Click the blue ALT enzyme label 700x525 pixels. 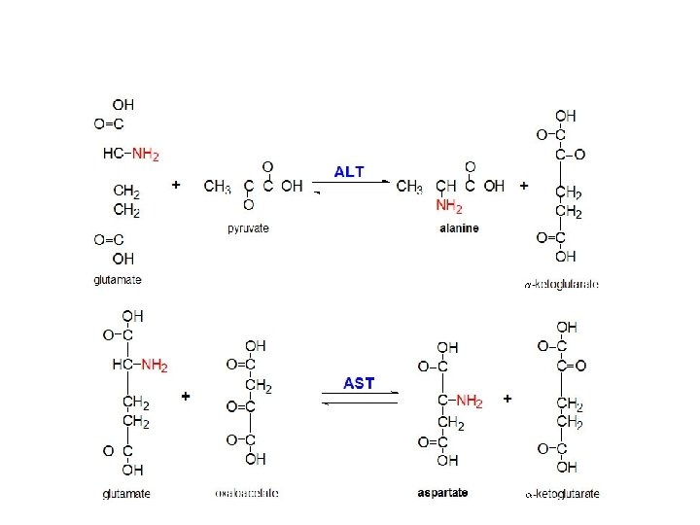[x=349, y=172]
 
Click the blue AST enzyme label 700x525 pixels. [x=359, y=383]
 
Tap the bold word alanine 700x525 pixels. [x=458, y=228]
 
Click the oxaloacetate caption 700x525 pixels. [x=247, y=493]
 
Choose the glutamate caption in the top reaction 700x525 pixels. [x=118, y=280]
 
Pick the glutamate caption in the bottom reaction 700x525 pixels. [x=126, y=493]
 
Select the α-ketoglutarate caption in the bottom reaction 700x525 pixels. [x=561, y=493]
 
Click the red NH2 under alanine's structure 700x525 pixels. [x=448, y=207]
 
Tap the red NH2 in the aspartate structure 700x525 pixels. [x=468, y=401]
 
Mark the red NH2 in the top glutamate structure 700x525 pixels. [x=145, y=154]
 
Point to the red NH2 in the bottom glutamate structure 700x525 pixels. [x=154, y=366]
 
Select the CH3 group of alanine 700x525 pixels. [x=409, y=186]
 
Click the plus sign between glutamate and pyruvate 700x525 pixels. [x=176, y=183]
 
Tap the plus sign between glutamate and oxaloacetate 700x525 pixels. [x=186, y=397]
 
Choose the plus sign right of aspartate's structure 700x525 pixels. [x=507, y=399]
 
